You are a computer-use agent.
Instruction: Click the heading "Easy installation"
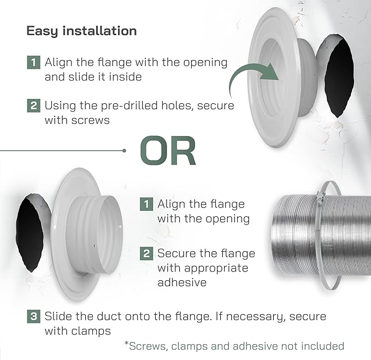81,31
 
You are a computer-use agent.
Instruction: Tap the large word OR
168,151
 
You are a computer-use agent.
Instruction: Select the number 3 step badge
33,316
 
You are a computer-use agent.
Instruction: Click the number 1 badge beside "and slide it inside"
33,62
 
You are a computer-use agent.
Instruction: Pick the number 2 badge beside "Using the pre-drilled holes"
33,105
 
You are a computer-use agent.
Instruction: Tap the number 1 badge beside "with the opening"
146,204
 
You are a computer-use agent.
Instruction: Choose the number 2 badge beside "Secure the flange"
146,253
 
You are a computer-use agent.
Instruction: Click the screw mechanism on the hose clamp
320,198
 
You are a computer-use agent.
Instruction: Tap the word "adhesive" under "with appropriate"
182,282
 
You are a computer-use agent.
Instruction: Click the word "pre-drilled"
129,106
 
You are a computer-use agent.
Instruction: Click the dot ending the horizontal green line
124,151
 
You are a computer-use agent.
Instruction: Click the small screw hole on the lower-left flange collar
95,246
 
